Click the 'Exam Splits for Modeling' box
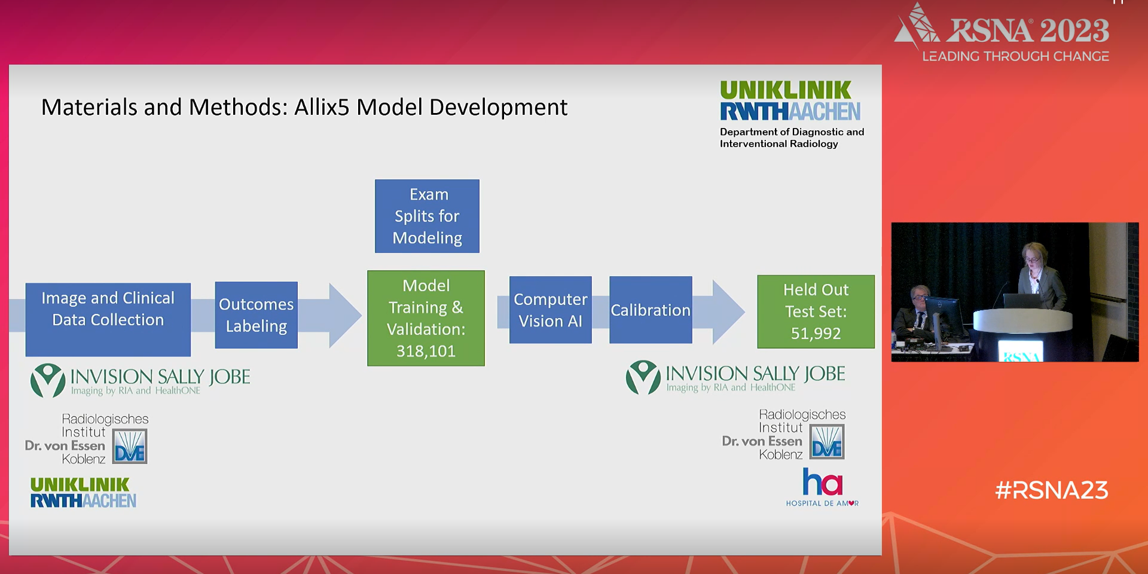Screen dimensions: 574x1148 point(427,216)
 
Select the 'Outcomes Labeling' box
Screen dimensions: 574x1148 point(256,315)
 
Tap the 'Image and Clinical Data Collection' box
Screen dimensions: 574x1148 point(108,319)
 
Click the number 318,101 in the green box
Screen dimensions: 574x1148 point(426,351)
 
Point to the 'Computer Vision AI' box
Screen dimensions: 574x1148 point(550,310)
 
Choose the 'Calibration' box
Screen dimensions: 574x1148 point(651,310)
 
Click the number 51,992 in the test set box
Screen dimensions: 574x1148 point(816,333)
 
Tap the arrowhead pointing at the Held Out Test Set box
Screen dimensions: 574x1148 point(727,312)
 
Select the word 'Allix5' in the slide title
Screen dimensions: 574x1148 point(322,108)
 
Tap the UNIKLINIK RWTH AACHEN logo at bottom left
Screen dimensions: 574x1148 point(83,493)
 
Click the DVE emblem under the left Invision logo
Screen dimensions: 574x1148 point(130,447)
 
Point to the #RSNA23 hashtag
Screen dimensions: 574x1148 point(1051,490)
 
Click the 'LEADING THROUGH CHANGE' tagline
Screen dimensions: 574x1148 point(1015,56)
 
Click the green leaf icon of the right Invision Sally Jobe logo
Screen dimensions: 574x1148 point(643,377)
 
